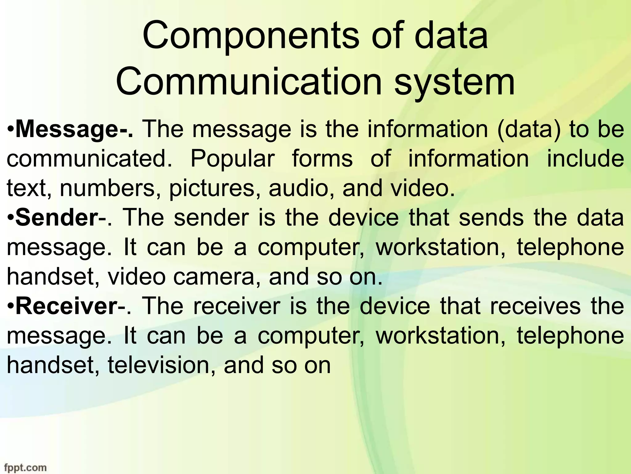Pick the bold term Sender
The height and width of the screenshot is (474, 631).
click(56, 218)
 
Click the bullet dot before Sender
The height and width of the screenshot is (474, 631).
click(10, 218)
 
